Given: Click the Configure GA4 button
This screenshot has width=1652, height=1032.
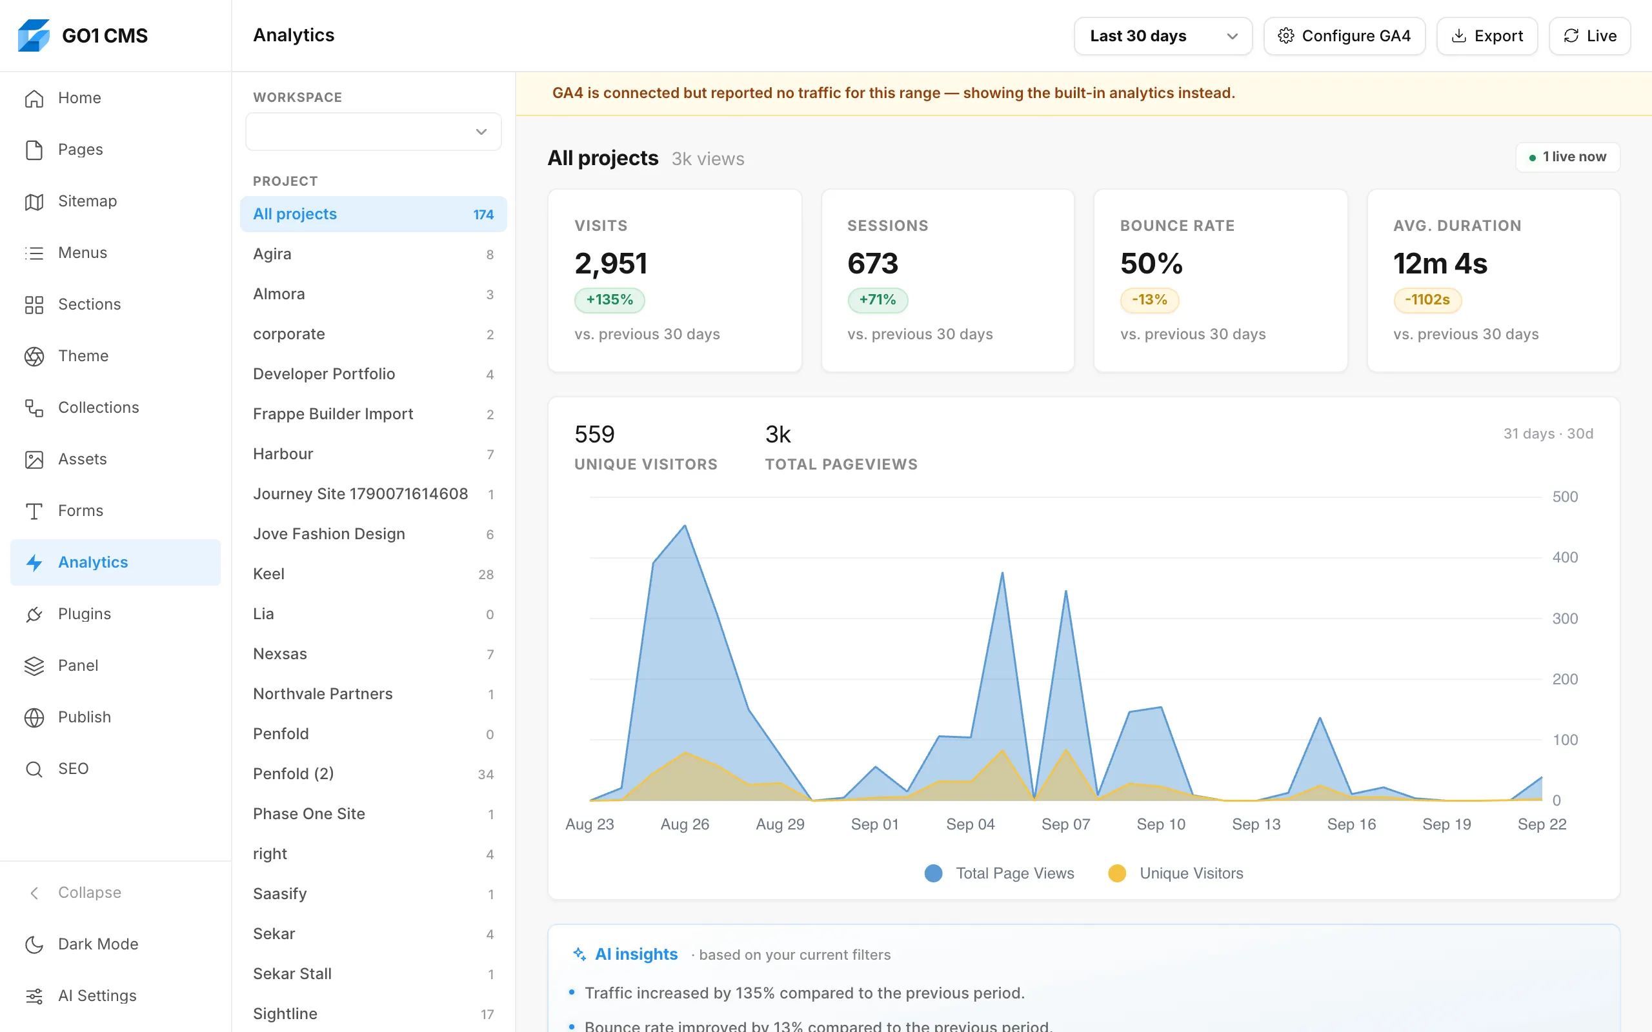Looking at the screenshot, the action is [x=1344, y=35].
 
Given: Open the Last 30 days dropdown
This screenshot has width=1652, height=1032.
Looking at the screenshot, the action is [x=1163, y=35].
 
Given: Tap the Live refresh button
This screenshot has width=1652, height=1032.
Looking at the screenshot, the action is [x=1589, y=35].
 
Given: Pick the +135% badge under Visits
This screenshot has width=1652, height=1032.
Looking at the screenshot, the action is [x=610, y=300].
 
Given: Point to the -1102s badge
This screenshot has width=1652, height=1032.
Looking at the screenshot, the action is [x=1427, y=300].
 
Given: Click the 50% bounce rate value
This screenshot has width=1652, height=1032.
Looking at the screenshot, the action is [x=1151, y=263].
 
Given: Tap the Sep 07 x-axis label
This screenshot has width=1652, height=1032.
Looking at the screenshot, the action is [x=1065, y=824].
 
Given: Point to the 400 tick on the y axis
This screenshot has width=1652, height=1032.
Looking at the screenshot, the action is [x=1565, y=558].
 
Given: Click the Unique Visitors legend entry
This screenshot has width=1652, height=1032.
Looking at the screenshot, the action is [x=1176, y=873].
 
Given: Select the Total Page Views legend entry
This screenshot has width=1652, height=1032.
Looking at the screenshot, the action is [x=1000, y=873].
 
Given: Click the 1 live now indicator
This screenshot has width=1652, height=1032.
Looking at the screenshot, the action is [x=1567, y=157].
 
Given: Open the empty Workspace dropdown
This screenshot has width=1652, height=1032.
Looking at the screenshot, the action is [x=373, y=132].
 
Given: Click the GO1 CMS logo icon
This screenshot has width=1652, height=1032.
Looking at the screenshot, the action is [x=34, y=35].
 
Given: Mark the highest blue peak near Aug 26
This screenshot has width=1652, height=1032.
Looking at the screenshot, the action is [x=685, y=526].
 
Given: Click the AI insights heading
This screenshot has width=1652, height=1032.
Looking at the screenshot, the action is [x=636, y=954].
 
